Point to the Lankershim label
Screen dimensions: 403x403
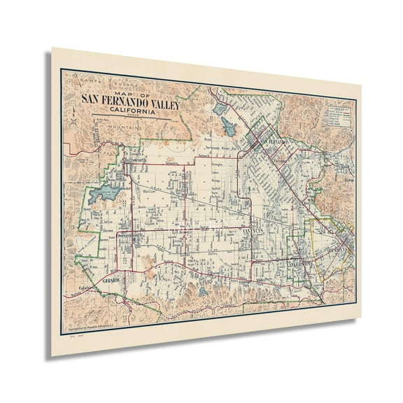tap(297, 262)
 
